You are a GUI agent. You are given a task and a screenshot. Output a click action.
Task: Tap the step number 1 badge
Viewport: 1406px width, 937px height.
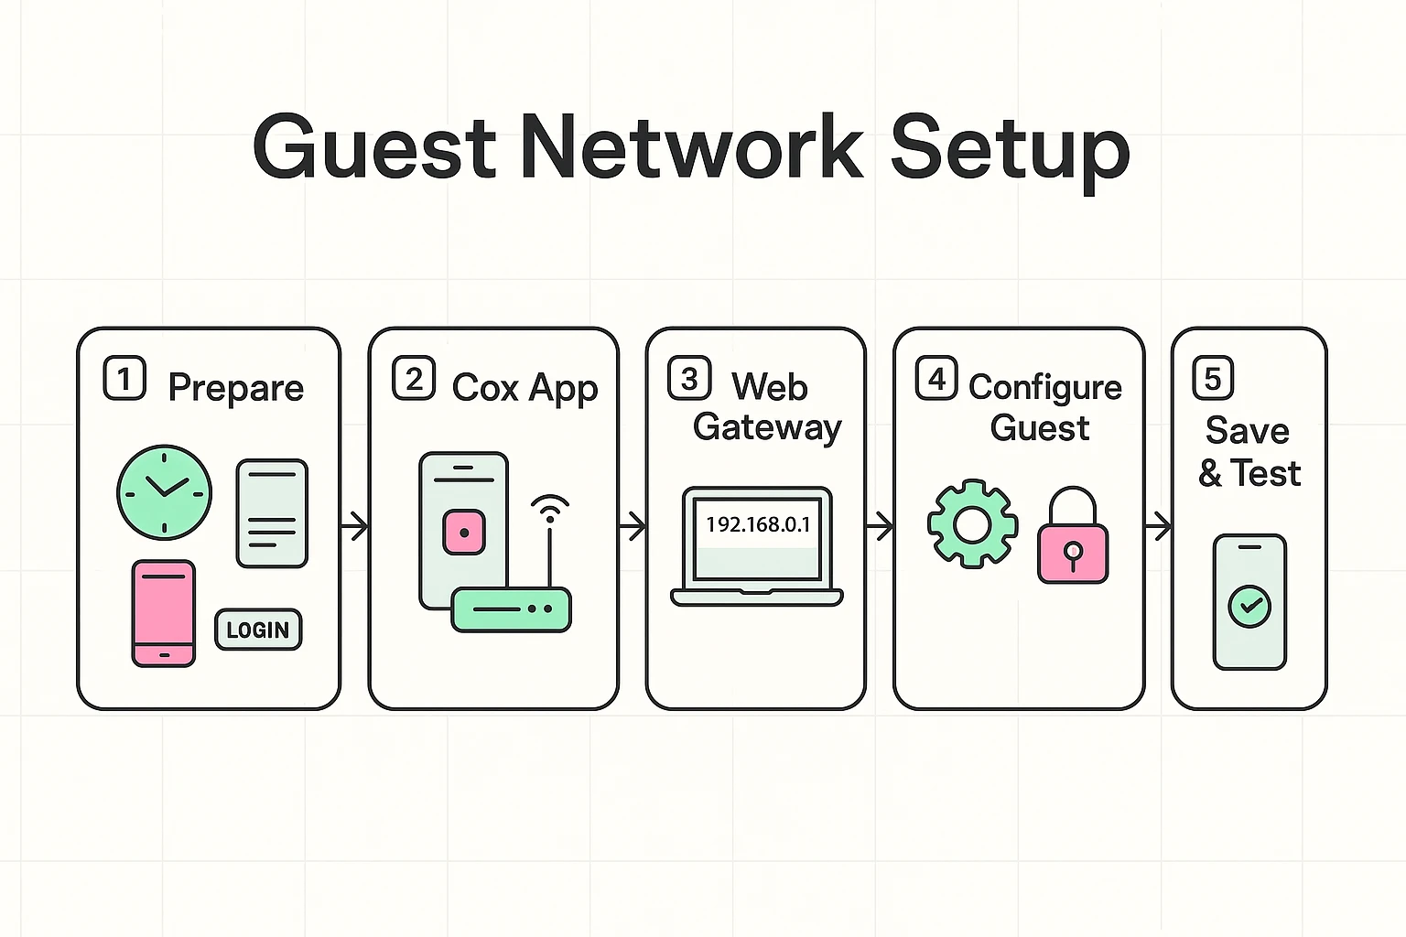[x=124, y=378]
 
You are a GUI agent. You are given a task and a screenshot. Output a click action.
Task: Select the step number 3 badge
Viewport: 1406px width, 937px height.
[x=689, y=378]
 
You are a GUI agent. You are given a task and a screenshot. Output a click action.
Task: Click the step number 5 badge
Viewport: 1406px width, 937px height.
[x=1213, y=378]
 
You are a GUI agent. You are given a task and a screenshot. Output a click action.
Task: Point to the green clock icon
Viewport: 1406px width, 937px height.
[x=165, y=492]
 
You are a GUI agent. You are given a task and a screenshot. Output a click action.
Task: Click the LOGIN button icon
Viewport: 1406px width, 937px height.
[x=258, y=630]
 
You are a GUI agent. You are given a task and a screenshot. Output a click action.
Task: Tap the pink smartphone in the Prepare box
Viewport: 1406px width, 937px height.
[x=164, y=612]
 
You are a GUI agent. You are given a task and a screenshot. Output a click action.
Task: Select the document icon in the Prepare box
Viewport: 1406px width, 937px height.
[x=272, y=513]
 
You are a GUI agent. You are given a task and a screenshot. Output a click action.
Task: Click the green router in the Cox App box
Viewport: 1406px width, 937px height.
[x=512, y=609]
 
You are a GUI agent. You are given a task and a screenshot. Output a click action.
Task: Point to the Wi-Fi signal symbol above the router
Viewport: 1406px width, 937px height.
[x=549, y=507]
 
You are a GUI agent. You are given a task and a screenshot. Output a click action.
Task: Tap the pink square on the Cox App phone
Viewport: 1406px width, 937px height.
[x=464, y=533]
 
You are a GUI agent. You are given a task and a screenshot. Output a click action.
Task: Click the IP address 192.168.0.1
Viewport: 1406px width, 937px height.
[x=758, y=524]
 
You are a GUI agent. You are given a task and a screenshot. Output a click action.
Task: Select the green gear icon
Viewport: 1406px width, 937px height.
[x=972, y=524]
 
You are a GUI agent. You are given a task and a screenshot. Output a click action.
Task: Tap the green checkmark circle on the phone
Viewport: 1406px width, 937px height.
[x=1249, y=606]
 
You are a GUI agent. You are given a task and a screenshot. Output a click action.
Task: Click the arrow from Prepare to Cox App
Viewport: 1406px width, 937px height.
[x=354, y=526]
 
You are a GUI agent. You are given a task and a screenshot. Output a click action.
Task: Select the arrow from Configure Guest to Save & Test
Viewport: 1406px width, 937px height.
[x=1158, y=526]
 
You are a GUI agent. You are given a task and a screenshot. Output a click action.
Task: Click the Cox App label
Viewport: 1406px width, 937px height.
[x=525, y=388]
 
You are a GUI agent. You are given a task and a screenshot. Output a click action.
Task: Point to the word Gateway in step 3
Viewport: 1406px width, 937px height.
[x=767, y=427]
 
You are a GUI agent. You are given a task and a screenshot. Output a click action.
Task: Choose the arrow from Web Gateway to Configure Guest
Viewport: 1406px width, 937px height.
[x=880, y=526]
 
